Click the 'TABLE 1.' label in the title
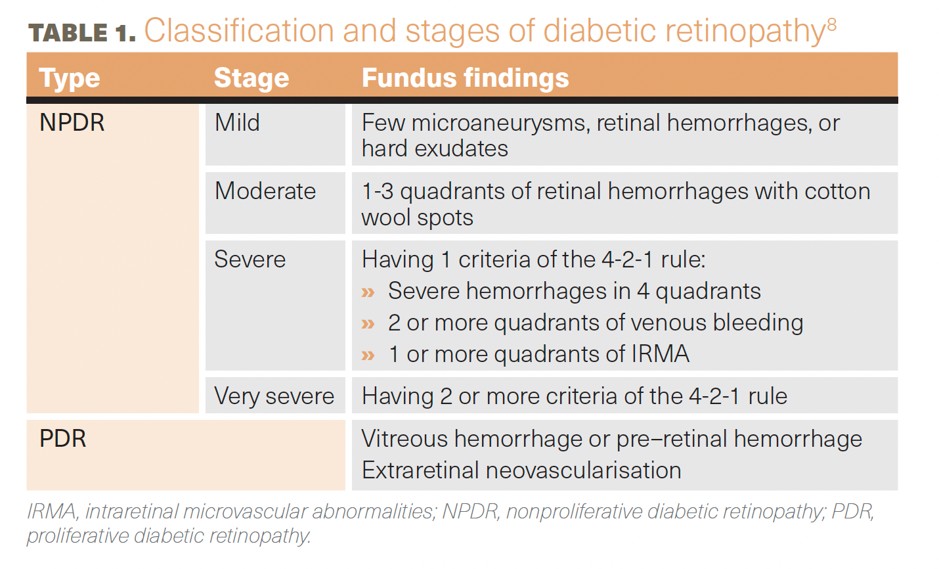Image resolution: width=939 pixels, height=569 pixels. [81, 33]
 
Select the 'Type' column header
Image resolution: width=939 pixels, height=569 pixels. [70, 78]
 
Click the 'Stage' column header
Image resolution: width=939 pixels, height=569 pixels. [251, 78]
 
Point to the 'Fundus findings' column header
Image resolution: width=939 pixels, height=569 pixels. [466, 78]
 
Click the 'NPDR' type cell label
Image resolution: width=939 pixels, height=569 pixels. [72, 122]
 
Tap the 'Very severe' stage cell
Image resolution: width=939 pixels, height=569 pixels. [274, 396]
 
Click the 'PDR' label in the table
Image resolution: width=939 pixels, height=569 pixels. [63, 439]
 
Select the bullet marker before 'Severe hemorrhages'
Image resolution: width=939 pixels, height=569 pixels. [368, 292]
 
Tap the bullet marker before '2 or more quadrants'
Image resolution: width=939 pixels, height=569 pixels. [368, 324]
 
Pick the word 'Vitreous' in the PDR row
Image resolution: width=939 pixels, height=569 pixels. [404, 439]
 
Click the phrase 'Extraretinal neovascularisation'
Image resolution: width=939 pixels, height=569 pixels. [521, 470]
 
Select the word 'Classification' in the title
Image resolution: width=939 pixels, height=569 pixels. [239, 30]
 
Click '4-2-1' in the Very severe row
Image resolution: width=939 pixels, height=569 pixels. [714, 396]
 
